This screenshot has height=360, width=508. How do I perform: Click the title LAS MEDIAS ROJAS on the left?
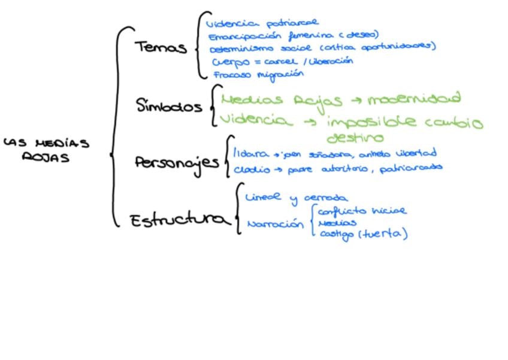tap(47, 150)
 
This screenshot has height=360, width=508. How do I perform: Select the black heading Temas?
tap(161, 47)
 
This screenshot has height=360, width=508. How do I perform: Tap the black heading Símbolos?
tap(169, 107)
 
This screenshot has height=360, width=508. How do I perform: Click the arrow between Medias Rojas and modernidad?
tap(353, 101)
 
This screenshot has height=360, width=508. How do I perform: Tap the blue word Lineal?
tap(263, 198)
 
